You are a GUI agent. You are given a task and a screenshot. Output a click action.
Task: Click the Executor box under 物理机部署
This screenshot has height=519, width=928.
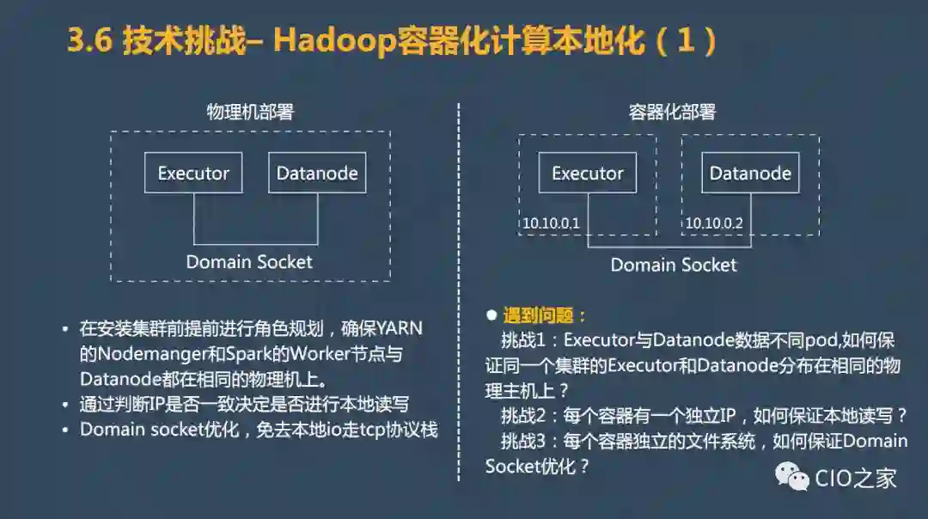point(193,173)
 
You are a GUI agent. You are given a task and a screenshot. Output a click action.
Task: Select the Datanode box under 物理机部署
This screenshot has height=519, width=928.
point(317,173)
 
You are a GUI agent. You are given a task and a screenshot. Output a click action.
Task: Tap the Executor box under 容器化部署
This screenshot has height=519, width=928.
point(588,173)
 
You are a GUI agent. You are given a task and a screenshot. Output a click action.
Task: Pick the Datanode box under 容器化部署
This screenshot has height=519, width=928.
point(750,173)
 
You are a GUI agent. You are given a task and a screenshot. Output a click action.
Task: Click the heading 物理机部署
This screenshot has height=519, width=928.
point(250,112)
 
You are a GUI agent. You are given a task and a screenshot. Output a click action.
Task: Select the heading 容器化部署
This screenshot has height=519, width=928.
point(673,112)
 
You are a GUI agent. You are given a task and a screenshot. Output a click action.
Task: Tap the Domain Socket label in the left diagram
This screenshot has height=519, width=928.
point(249,261)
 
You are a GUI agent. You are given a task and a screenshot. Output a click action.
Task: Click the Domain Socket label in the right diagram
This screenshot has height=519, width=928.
point(674,265)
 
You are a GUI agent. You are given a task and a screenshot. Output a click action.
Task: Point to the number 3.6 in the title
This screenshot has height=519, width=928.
point(90,42)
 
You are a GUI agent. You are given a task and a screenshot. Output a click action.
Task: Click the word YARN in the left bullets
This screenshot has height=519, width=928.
point(400,328)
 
